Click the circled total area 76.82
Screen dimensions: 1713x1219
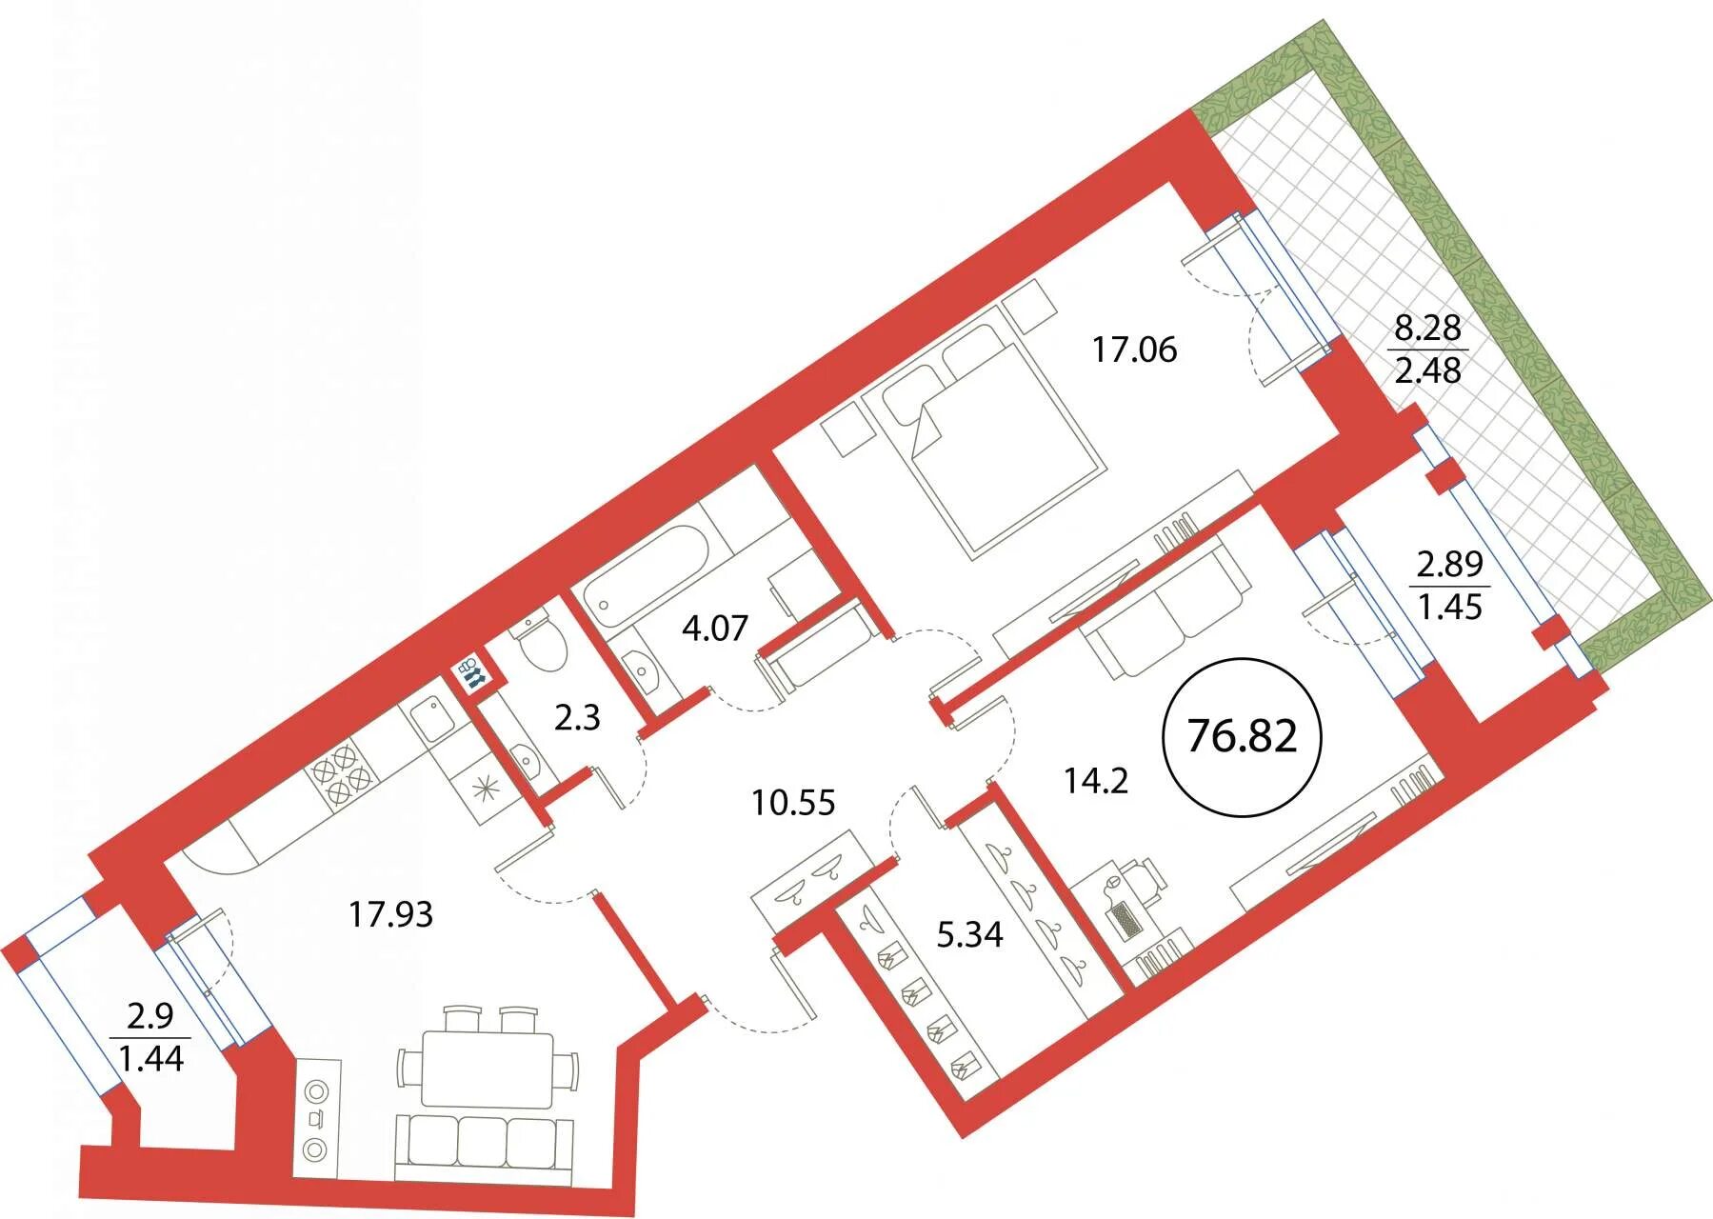pyautogui.click(x=1243, y=736)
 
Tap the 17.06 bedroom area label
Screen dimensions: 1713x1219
pyautogui.click(x=1134, y=350)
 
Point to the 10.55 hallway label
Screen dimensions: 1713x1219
pyautogui.click(x=793, y=803)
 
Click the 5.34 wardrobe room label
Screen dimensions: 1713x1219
pyautogui.click(x=969, y=934)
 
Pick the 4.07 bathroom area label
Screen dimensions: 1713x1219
pyautogui.click(x=716, y=629)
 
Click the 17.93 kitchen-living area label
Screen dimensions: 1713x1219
pyautogui.click(x=390, y=915)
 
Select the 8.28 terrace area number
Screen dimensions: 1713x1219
pyautogui.click(x=1427, y=329)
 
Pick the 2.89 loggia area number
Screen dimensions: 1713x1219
pyautogui.click(x=1450, y=565)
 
